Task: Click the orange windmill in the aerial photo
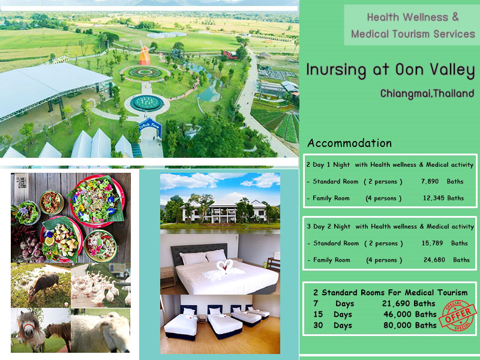(x=145, y=55)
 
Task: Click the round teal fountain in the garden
(x=146, y=103)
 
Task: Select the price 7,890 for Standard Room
(x=430, y=181)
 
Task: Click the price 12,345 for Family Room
(x=433, y=198)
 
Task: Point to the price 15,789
(x=432, y=243)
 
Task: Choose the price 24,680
(x=434, y=260)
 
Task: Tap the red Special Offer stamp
(x=458, y=316)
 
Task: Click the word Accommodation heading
(x=350, y=143)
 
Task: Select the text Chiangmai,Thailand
(x=427, y=93)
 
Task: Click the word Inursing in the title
(x=336, y=70)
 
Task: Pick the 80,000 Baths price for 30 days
(x=410, y=325)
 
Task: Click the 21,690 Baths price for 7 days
(x=409, y=304)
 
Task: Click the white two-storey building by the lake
(x=220, y=211)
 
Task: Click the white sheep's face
(x=101, y=333)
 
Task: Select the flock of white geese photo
(x=101, y=286)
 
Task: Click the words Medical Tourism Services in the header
(x=413, y=34)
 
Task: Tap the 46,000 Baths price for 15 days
(x=410, y=314)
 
